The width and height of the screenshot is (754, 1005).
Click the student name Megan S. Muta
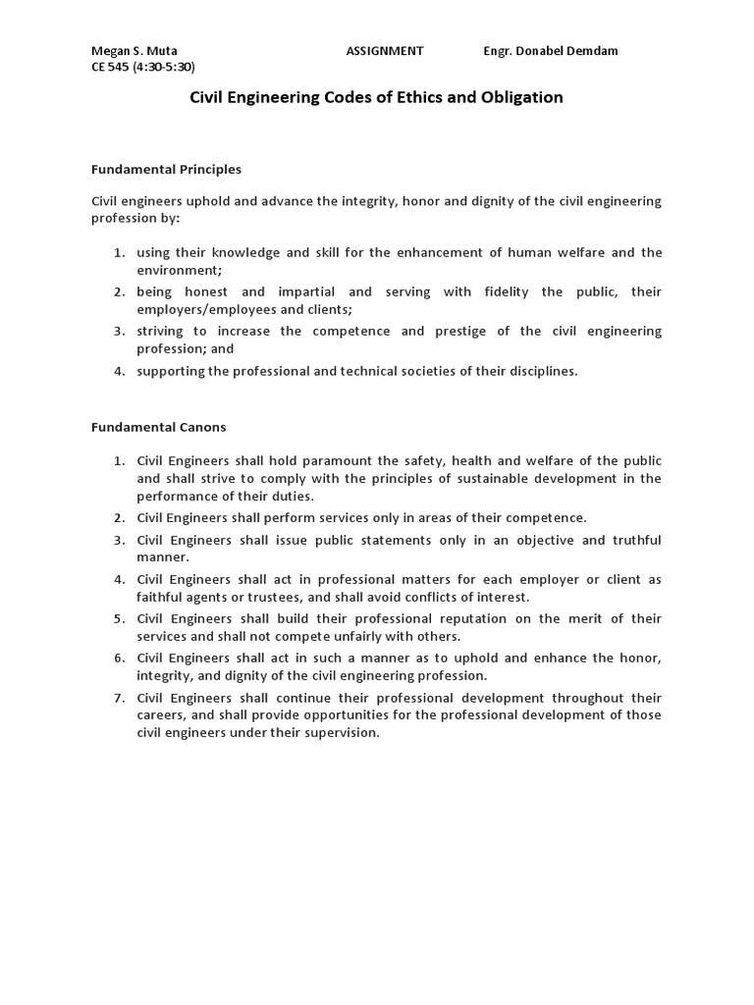tap(135, 51)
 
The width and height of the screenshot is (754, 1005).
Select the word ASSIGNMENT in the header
tap(385, 51)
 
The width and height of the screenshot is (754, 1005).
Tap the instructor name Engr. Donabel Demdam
tap(551, 51)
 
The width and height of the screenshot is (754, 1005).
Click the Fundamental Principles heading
tap(166, 170)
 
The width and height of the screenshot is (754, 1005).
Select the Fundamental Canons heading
tap(158, 427)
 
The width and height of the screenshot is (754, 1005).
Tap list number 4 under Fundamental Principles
tap(119, 371)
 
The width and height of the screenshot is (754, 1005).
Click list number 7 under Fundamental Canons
tap(119, 698)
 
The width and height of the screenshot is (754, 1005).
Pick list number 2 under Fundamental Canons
tap(119, 517)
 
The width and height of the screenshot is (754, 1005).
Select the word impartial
tap(306, 292)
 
